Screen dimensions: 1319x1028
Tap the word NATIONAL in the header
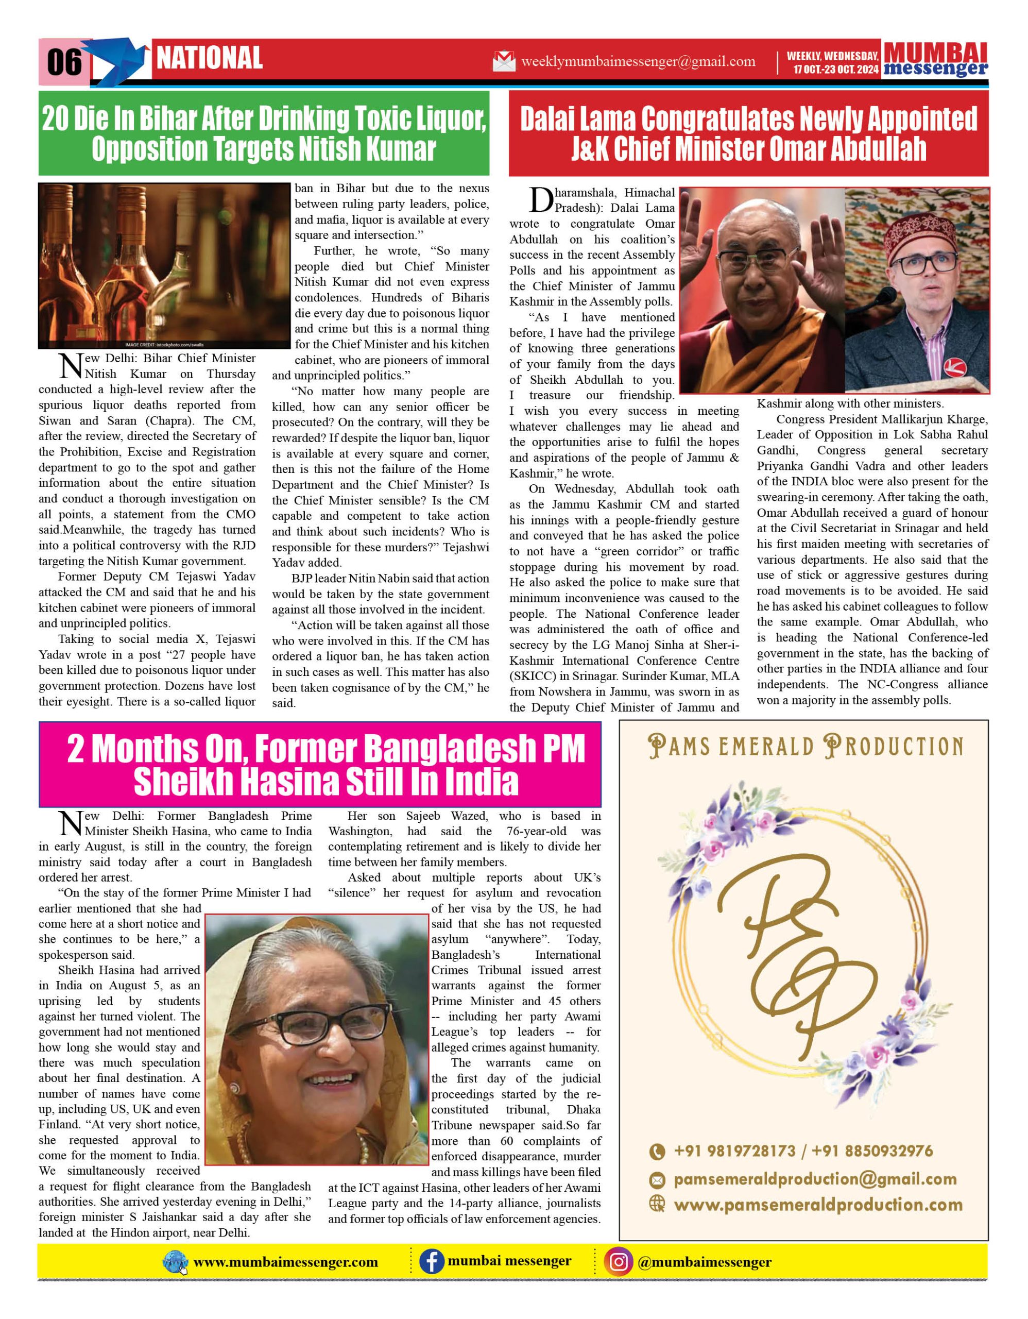[x=210, y=59]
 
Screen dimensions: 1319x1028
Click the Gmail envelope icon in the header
[x=504, y=61]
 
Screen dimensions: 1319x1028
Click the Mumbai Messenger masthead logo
[x=935, y=60]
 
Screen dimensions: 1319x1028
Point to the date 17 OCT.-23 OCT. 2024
[x=836, y=70]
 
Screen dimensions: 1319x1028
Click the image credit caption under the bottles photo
[x=164, y=345]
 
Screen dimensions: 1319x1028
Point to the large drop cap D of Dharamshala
[x=541, y=200]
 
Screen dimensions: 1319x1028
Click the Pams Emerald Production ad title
[x=806, y=747]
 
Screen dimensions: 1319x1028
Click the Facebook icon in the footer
[x=432, y=1262]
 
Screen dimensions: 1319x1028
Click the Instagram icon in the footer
[x=619, y=1262]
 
